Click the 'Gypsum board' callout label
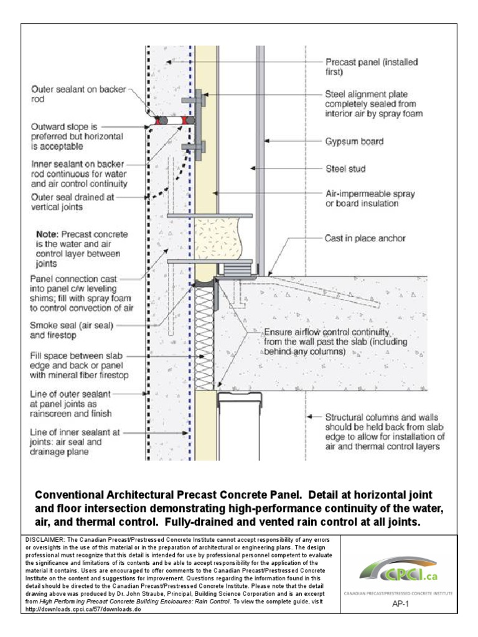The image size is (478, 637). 355,142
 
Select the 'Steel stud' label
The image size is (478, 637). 346,168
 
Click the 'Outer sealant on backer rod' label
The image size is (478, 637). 78,94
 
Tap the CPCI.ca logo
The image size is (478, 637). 398,571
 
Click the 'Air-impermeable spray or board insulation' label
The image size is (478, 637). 370,198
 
